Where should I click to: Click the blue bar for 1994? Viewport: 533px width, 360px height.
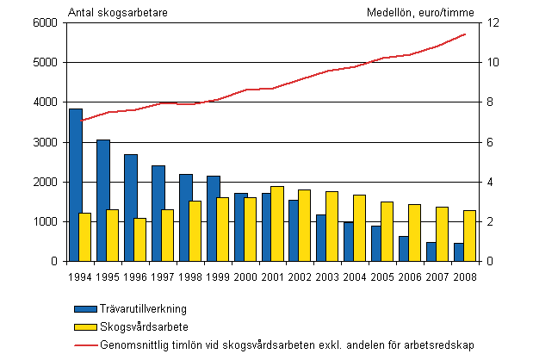(76, 185)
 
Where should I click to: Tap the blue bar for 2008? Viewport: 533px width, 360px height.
(459, 252)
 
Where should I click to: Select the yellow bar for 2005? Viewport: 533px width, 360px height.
(387, 232)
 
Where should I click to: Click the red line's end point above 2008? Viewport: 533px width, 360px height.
(466, 34)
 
